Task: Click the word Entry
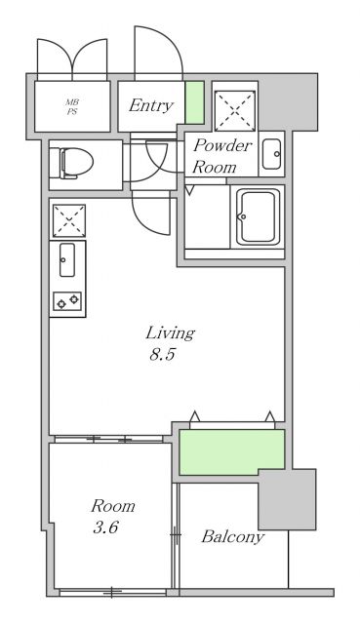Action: [x=151, y=106]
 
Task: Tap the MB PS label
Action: [x=72, y=107]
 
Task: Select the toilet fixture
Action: [x=76, y=163]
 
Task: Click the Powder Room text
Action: [x=221, y=156]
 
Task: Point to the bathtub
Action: [x=259, y=216]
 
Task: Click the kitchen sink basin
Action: [x=67, y=260]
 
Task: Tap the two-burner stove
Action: [x=67, y=301]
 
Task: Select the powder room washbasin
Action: [x=272, y=154]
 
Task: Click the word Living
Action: [x=170, y=333]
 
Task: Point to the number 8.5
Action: [x=163, y=355]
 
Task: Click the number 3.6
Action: [x=105, y=527]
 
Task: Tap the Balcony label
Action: [x=232, y=537]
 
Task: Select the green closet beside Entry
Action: [x=195, y=102]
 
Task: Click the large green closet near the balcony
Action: [x=232, y=452]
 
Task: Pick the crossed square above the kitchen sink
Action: [x=69, y=221]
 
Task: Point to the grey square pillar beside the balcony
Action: [x=287, y=499]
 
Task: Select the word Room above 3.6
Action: [x=113, y=506]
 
